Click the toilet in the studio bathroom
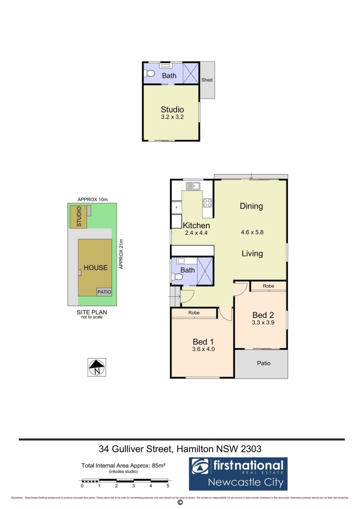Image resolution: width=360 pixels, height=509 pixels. (149, 73)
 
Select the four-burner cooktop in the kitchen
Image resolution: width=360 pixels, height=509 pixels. (207, 203)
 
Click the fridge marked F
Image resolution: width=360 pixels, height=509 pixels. (177, 208)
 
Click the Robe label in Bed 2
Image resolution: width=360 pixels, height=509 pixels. (268, 286)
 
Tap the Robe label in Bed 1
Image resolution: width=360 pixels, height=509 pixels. (194, 313)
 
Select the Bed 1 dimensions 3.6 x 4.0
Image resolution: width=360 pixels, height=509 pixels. (203, 349)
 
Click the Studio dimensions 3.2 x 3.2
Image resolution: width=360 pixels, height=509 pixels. (172, 117)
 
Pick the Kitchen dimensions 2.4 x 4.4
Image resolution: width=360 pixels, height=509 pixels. (196, 233)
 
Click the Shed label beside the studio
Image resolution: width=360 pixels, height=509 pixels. (207, 80)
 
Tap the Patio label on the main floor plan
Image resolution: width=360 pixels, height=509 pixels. (264, 363)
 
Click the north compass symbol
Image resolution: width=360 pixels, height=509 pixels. (97, 367)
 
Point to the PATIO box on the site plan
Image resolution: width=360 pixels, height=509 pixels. (104, 292)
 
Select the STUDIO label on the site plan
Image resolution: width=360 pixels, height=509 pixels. (79, 217)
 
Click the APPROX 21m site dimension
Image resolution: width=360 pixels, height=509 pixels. (121, 254)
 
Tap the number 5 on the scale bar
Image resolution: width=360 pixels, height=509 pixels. (168, 486)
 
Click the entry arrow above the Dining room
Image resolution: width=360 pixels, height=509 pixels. (251, 176)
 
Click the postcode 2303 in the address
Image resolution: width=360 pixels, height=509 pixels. (251, 449)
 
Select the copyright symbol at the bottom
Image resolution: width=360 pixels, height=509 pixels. (180, 502)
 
